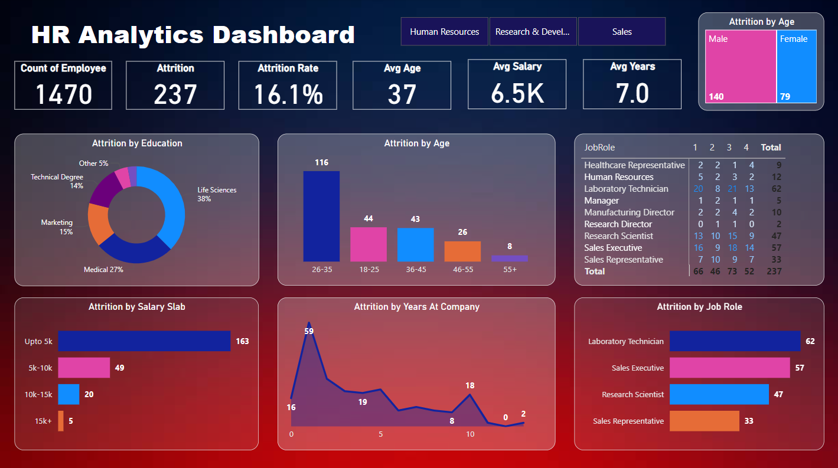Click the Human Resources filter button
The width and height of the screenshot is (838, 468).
pyautogui.click(x=444, y=32)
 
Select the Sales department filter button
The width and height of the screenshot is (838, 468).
pyautogui.click(x=621, y=32)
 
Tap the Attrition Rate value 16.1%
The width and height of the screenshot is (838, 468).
pyautogui.click(x=288, y=94)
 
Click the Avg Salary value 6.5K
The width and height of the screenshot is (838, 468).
pyautogui.click(x=517, y=93)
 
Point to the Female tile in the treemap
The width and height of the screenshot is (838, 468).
pyautogui.click(x=797, y=66)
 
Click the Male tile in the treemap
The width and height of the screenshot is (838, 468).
pyautogui.click(x=741, y=66)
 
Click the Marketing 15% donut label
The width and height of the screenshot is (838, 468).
pyautogui.click(x=57, y=227)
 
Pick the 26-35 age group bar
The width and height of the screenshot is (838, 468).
pyautogui.click(x=321, y=216)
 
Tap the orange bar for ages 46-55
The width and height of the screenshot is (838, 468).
pyautogui.click(x=462, y=251)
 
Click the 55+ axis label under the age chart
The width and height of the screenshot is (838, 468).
pyautogui.click(x=509, y=269)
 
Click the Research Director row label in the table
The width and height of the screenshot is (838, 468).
pyautogui.click(x=618, y=224)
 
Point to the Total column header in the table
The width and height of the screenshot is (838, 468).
pyautogui.click(x=771, y=148)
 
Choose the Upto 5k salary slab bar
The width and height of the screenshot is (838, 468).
pyautogui.click(x=144, y=341)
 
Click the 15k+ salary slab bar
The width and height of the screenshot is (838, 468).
pyautogui.click(x=61, y=421)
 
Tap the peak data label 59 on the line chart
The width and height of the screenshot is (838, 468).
pyautogui.click(x=308, y=331)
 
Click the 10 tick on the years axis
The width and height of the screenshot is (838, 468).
pyautogui.click(x=469, y=434)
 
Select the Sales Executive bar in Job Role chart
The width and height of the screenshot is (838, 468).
pyautogui.click(x=729, y=368)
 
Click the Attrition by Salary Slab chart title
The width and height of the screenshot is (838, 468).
pyautogui.click(x=136, y=307)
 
